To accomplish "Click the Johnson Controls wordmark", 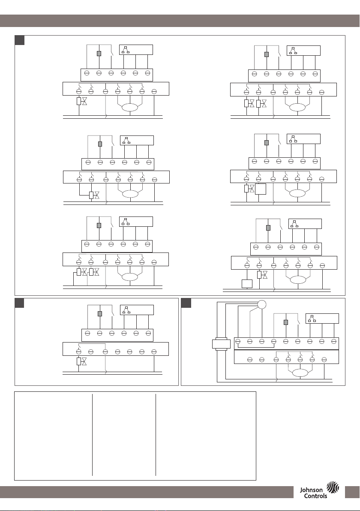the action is tap(313, 493).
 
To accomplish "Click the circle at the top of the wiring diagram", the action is tap(261, 304).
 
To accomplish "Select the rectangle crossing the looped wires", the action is tap(221, 344).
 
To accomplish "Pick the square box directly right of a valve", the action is tap(260, 189).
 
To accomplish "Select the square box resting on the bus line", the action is tap(247, 284).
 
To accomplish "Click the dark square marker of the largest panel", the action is tap(20, 40).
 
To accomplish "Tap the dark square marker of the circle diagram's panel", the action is tap(186, 303).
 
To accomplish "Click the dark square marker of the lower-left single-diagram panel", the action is tap(20, 303).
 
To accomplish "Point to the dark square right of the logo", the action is tap(352, 492).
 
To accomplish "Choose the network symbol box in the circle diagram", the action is tap(322, 319).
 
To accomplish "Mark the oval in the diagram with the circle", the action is tap(300, 373).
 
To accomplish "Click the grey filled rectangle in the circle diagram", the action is tap(286, 322).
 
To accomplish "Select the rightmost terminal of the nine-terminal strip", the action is tap(333, 342).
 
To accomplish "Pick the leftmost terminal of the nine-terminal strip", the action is tap(238, 342).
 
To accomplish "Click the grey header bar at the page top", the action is tap(180, 21).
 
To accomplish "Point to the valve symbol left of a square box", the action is tap(252, 188).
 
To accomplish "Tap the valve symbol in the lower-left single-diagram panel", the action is tap(84, 361).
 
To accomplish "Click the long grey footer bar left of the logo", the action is tap(147, 492).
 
